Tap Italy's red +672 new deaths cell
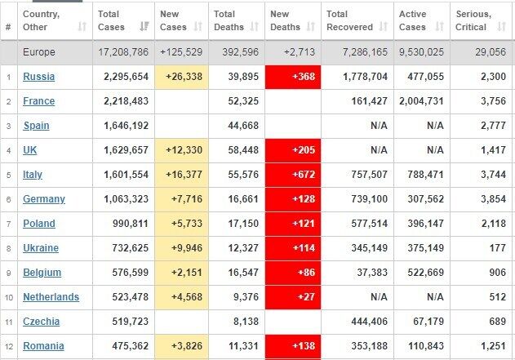point(293,175)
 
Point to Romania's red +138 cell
point(293,345)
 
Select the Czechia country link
point(42,321)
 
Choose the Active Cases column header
point(413,20)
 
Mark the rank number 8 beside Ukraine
point(8,248)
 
